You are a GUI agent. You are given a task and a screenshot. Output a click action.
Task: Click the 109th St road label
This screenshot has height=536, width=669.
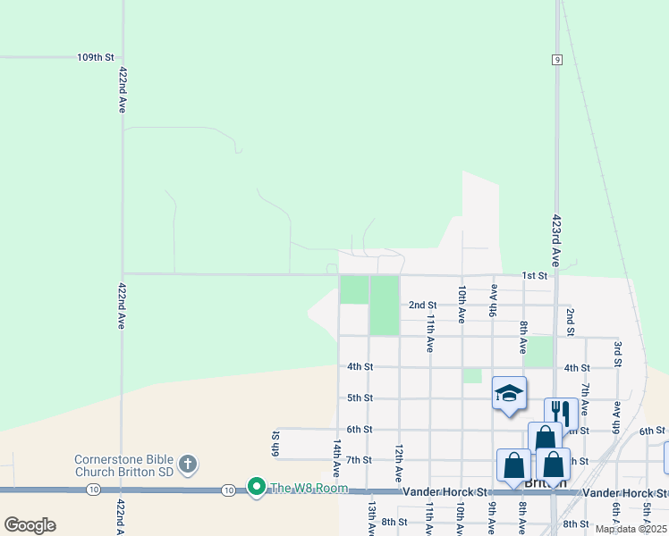[x=96, y=57]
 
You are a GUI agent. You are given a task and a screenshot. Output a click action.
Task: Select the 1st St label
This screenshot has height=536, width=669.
[x=534, y=275]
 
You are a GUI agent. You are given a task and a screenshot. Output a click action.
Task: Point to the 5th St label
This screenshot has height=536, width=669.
[x=360, y=398]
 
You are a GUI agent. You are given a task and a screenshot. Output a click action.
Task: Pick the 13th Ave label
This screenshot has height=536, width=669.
[x=370, y=517]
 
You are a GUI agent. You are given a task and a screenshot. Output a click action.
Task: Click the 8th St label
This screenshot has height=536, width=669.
[x=394, y=522]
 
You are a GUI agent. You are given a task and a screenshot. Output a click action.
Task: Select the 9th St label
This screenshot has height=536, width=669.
[x=275, y=440]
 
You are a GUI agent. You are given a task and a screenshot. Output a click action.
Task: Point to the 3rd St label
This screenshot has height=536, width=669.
[x=617, y=353]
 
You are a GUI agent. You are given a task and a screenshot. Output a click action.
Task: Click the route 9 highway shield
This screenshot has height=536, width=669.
[x=556, y=59]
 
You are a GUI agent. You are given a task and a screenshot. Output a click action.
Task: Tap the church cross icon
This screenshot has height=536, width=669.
[x=187, y=464]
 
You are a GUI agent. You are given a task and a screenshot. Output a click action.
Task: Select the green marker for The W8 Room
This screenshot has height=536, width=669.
[x=257, y=487]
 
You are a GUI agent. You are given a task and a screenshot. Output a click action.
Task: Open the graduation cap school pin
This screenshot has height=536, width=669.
[x=509, y=394]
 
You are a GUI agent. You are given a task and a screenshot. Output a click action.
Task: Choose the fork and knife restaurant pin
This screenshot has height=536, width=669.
[x=561, y=412]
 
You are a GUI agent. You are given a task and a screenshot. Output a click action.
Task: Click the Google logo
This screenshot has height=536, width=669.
[x=30, y=525]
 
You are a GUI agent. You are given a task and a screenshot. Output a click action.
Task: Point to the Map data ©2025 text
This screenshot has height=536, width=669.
[x=631, y=529]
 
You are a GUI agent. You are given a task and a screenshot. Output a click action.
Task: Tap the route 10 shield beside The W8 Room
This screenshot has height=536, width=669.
[x=230, y=490]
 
